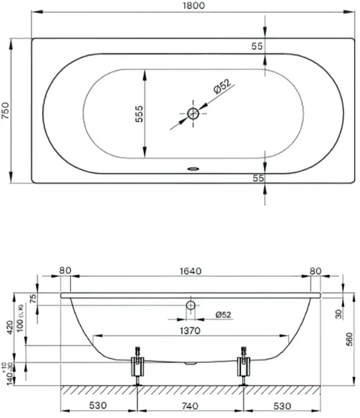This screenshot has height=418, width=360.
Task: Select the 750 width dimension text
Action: coord(6,110)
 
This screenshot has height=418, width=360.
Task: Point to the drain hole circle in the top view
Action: coord(193,113)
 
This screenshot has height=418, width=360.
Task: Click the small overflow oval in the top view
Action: coord(193,170)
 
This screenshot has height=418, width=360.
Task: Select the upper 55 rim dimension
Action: coord(257,46)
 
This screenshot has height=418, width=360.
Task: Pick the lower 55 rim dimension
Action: coord(258,178)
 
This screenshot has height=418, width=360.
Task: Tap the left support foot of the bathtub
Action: coord(137,365)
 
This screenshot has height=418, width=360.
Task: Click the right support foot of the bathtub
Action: coord(243,365)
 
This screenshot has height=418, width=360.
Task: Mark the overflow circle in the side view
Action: coord(190,305)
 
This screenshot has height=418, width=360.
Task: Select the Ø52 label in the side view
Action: coord(223,315)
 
